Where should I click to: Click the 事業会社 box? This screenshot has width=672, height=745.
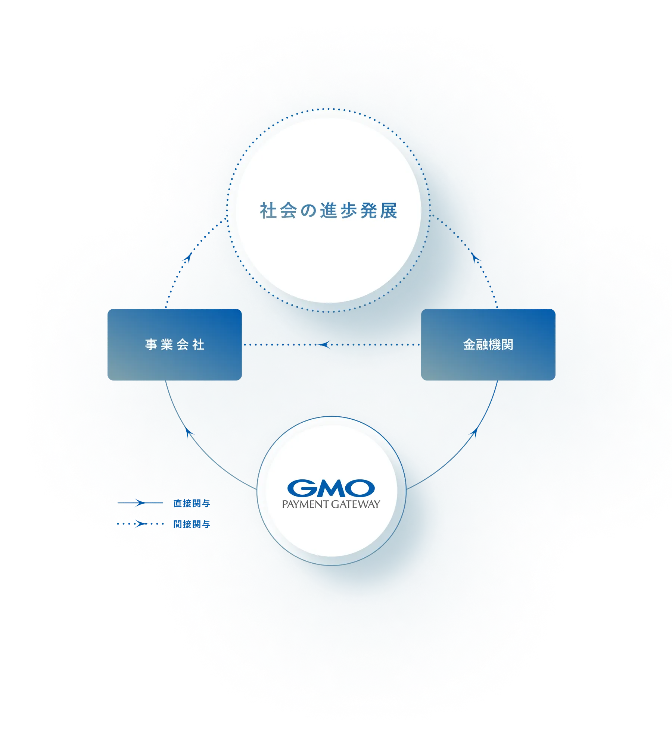[174, 344]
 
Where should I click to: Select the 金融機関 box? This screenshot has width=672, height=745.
[488, 344]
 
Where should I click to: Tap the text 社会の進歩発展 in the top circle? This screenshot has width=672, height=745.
[329, 211]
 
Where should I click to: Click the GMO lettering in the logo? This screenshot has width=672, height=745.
[331, 488]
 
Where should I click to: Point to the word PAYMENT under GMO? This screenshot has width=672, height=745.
[305, 504]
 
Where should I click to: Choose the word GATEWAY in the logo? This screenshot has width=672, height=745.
[355, 504]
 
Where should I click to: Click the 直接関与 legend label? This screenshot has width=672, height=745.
[192, 504]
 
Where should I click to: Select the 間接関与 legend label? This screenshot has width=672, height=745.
[192, 524]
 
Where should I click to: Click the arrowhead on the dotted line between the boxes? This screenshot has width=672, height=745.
[324, 344]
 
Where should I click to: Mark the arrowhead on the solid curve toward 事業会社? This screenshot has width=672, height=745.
[190, 432]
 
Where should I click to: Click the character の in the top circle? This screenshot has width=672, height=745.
[308, 211]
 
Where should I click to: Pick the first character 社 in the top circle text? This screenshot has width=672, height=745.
[268, 211]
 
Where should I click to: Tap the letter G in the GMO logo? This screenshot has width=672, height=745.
[301, 488]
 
